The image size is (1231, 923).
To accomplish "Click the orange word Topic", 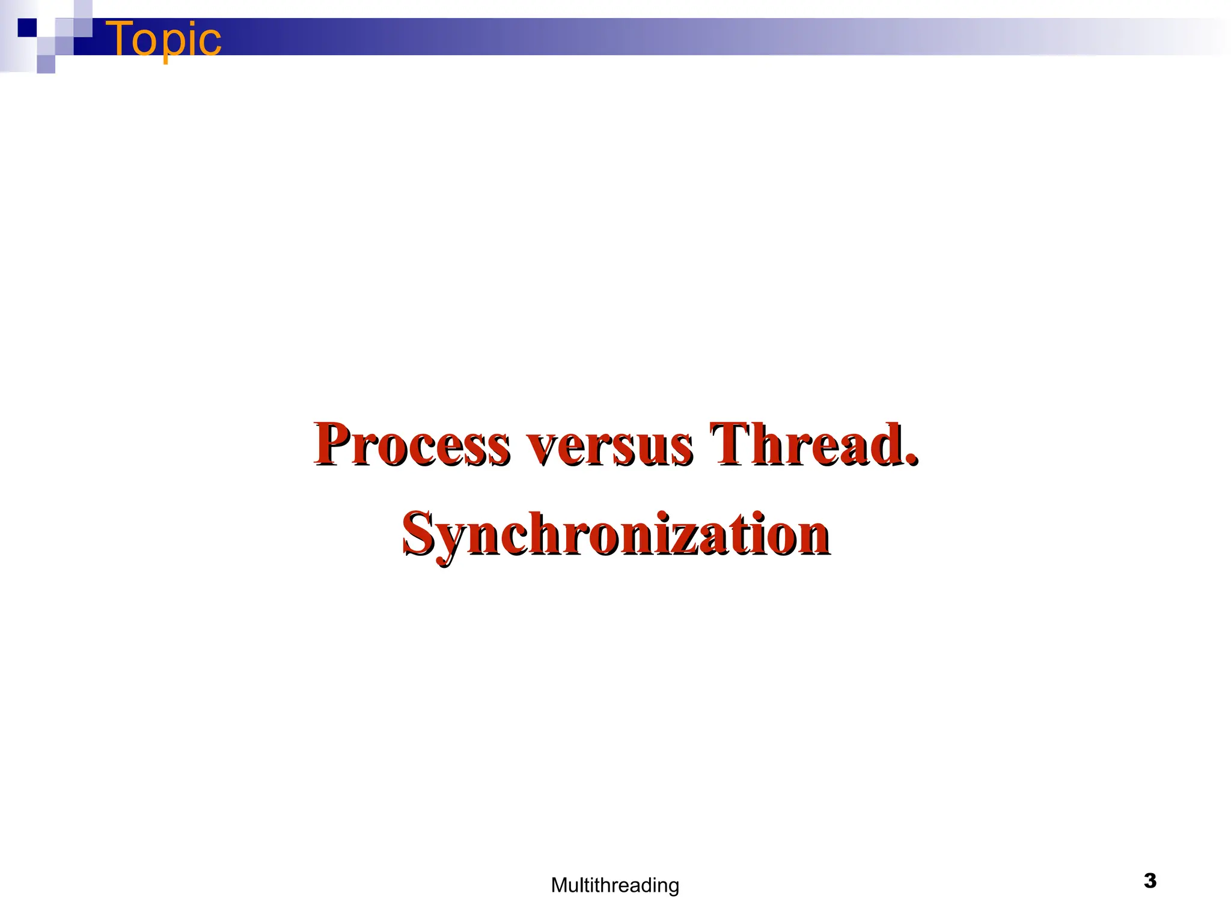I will pos(163,38).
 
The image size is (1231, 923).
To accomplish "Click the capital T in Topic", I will pos(123,38).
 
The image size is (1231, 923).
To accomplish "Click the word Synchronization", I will pos(616,534).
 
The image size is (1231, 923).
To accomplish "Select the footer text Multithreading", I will pos(615,885).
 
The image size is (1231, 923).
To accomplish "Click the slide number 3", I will pos(1150,880).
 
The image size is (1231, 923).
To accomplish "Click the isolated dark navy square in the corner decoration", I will pos(26,28).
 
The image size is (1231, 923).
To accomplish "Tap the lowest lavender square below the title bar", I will pos(46,64).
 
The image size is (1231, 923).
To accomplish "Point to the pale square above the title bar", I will pos(83,9).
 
